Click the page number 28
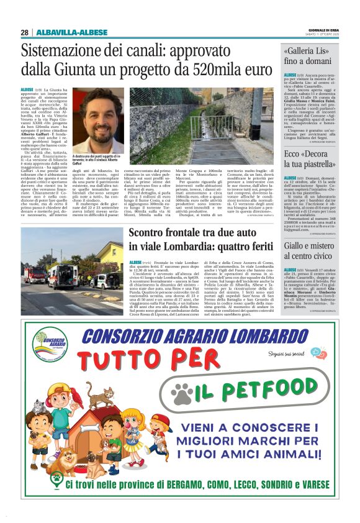point(25,32)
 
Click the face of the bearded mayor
point(100,116)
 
